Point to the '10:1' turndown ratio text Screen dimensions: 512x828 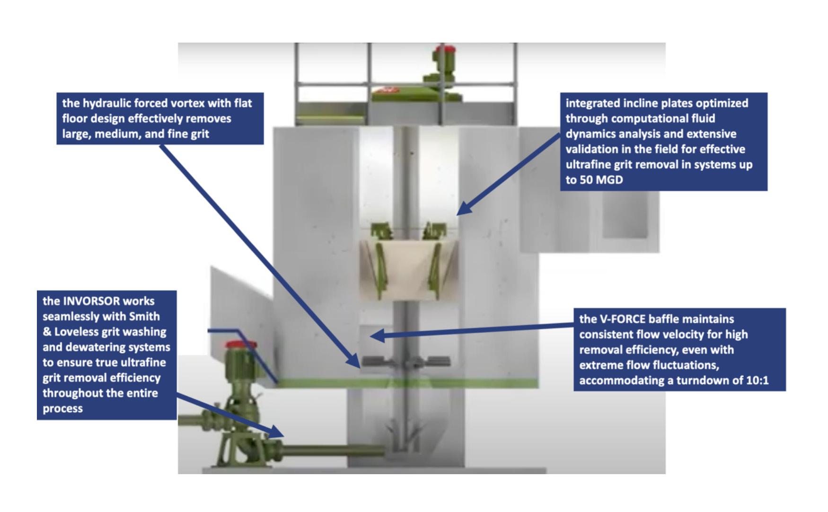[x=757, y=380]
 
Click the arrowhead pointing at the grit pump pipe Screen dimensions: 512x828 [x=277, y=431]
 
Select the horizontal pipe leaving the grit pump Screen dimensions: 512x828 [x=331, y=450]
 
